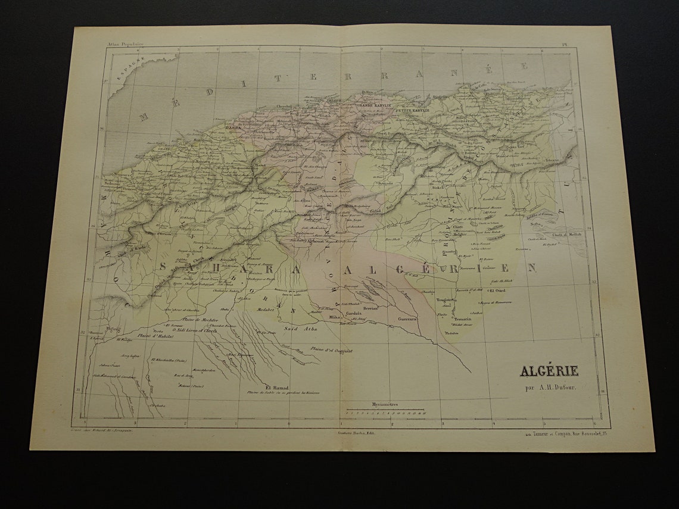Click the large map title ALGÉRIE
549,371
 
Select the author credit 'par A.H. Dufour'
550,388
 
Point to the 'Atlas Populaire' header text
125,44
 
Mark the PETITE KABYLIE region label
412,110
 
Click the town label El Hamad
276,386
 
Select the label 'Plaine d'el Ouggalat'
331,351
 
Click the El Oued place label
497,291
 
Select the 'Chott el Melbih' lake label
566,235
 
